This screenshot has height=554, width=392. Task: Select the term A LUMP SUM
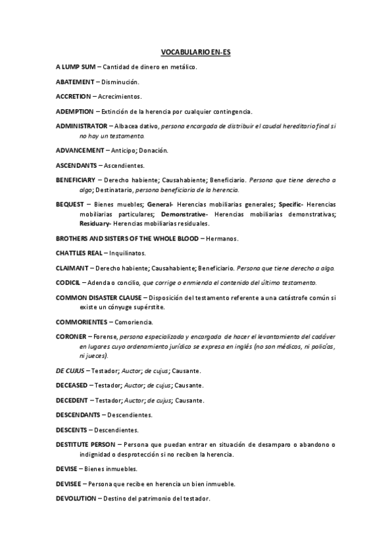coord(76,67)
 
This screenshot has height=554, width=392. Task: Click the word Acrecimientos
coord(120,96)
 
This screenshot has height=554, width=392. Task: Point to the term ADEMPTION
coord(74,110)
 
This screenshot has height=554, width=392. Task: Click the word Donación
coord(154,150)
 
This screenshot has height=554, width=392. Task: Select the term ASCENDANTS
coord(76,165)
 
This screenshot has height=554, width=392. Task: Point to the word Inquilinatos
coord(127,253)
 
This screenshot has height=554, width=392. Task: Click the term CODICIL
coord(68,282)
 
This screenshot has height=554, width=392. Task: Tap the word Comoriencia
coord(134,322)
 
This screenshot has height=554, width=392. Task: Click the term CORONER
coord(69,336)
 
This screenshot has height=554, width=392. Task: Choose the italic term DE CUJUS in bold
coord(69,370)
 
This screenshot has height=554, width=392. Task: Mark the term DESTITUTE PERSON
coord(86,444)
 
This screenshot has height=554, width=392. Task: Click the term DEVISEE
coord(69,484)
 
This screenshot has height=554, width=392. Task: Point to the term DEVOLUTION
coord(76,499)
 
